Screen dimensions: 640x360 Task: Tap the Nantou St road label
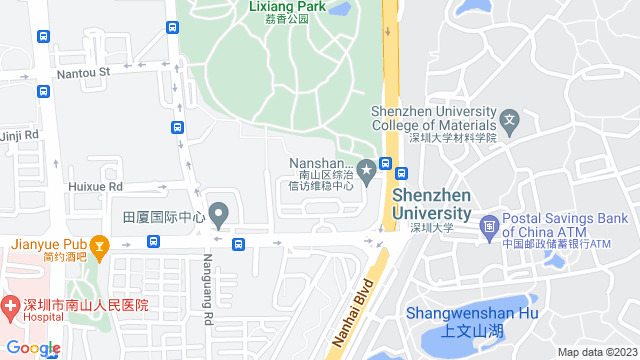click(83, 71)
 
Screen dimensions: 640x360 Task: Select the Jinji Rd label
click(18, 134)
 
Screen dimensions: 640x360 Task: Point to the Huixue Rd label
click(95, 186)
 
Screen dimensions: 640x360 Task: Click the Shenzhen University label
click(431, 205)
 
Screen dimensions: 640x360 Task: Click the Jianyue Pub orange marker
click(99, 244)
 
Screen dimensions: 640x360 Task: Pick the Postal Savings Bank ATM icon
click(488, 225)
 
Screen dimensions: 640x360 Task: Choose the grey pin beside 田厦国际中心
click(220, 214)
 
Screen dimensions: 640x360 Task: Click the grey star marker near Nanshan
click(367, 171)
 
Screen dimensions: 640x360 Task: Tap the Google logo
click(33, 348)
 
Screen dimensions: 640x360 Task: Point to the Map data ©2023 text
click(597, 352)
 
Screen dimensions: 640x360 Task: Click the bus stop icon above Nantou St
click(43, 37)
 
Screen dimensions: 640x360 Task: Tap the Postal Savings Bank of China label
click(564, 225)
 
